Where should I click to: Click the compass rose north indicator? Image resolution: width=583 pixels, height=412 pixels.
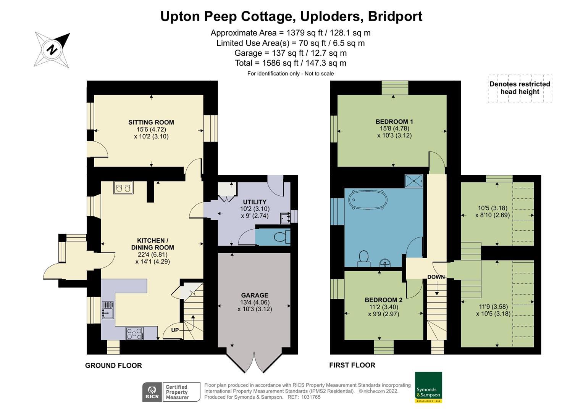[52, 50]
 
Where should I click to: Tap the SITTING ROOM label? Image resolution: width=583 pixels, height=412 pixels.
[151, 122]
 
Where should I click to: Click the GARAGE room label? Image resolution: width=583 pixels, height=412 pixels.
[254, 295]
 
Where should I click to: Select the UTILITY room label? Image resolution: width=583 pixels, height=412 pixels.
[255, 202]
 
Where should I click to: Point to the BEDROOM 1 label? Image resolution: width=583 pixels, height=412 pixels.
[394, 122]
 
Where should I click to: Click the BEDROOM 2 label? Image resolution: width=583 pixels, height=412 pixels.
[383, 300]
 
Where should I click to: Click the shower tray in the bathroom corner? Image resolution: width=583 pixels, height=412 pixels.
[414, 181]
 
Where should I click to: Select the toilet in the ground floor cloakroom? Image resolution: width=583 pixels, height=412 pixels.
[282, 237]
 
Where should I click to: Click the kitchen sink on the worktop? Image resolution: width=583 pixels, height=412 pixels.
[108, 310]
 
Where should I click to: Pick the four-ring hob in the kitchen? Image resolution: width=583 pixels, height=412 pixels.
[134, 333]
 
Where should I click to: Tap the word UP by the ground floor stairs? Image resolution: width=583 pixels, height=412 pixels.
[175, 330]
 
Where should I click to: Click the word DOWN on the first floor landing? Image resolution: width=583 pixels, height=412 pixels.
[436, 277]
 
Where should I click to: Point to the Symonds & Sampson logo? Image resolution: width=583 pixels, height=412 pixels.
[428, 387]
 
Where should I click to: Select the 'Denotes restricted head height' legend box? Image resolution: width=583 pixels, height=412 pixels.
[520, 88]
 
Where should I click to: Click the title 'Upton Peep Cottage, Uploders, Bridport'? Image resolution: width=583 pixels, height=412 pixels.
[291, 16]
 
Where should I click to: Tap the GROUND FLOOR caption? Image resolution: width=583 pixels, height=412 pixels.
[113, 365]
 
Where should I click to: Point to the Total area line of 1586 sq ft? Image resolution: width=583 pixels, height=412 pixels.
[291, 63]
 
